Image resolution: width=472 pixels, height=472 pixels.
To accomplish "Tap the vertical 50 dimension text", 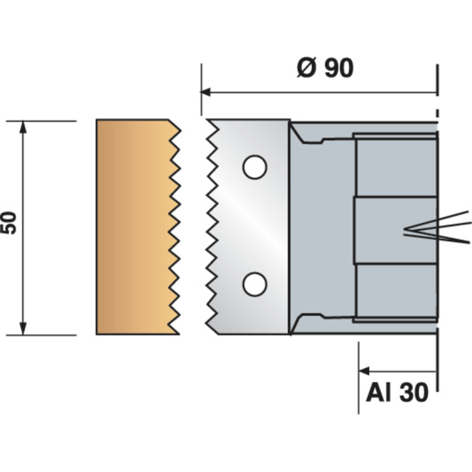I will pos(9,223).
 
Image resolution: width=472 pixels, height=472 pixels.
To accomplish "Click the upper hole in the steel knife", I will pos(254,167).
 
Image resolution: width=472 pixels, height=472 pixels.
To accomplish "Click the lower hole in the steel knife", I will pos(254,284).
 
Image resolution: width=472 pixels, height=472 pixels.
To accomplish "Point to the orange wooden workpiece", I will pos(131,226).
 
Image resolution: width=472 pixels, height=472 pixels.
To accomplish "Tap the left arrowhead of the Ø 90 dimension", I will pos(206,92).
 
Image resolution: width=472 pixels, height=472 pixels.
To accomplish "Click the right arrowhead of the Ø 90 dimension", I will pos(432,92).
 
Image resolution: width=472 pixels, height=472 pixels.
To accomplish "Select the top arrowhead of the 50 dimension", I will pos(24,127).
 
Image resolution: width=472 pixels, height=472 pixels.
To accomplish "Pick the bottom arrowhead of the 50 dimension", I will pos(24,329).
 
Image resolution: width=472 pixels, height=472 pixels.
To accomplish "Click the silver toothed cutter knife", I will pos(249,226).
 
